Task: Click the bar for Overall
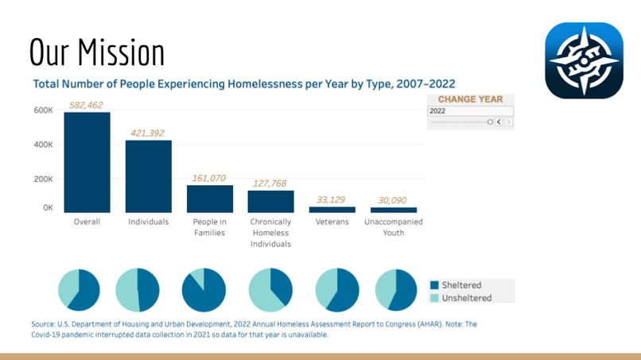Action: click(87, 162)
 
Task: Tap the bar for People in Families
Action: click(210, 199)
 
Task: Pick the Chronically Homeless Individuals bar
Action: click(270, 202)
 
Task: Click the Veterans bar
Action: click(332, 210)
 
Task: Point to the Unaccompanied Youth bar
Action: click(393, 210)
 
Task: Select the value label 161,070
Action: click(210, 178)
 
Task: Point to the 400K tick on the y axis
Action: click(42, 145)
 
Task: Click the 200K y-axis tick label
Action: click(42, 179)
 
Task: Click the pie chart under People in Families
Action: click(204, 290)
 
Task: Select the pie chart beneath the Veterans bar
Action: click(337, 290)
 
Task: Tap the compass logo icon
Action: click(584, 60)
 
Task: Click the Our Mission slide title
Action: click(97, 52)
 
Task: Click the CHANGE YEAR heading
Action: click(470, 99)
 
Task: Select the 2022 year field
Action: click(470, 111)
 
